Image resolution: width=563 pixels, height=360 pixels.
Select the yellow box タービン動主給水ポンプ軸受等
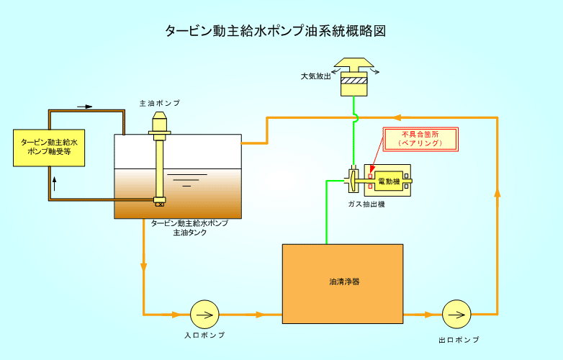pyautogui.click(x=48, y=148)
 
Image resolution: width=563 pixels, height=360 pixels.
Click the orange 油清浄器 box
pyautogui.click(x=342, y=283)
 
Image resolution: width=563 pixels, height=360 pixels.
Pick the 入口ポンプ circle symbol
pyautogui.click(x=204, y=314)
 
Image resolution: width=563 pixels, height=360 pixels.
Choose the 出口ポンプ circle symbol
pyautogui.click(x=456, y=314)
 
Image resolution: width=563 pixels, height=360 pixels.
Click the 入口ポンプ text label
pyautogui.click(x=204, y=336)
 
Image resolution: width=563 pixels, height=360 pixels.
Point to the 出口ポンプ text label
pyautogui.click(x=458, y=339)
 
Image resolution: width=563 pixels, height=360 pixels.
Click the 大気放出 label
pyautogui.click(x=316, y=76)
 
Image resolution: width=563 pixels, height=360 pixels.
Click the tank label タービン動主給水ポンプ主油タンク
pyautogui.click(x=189, y=228)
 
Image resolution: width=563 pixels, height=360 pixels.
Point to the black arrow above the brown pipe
pyautogui.click(x=85, y=107)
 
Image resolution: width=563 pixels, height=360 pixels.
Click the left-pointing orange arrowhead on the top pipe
pyautogui.click(x=397, y=117)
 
